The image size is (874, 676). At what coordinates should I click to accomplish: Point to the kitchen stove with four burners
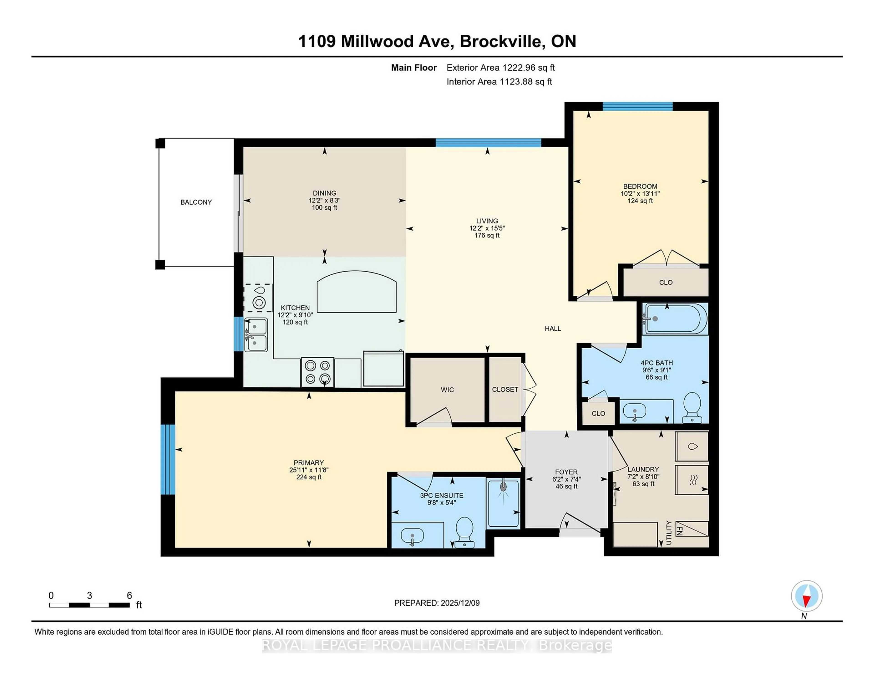[317, 372]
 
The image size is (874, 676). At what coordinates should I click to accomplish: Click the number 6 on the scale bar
[129, 596]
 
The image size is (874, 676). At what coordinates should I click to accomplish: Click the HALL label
[553, 328]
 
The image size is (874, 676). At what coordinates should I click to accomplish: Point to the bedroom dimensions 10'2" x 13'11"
[640, 193]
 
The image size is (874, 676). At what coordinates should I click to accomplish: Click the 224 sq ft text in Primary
[309, 477]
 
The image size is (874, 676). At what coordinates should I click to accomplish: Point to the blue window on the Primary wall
[168, 459]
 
